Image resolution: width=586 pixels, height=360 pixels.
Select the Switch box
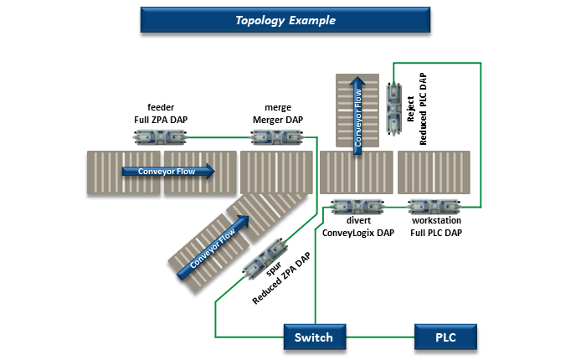click(x=313, y=338)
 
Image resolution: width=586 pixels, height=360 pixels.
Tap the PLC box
click(x=446, y=338)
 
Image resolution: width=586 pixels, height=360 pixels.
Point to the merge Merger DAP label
click(x=277, y=114)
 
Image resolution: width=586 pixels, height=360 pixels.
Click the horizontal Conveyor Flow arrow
click(x=167, y=172)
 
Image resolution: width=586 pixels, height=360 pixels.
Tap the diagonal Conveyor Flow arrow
click(x=213, y=248)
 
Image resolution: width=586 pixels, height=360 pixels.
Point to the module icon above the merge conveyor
click(x=277, y=137)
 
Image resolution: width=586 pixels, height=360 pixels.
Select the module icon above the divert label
click(x=357, y=205)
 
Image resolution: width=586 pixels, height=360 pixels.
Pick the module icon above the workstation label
click(x=432, y=205)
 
